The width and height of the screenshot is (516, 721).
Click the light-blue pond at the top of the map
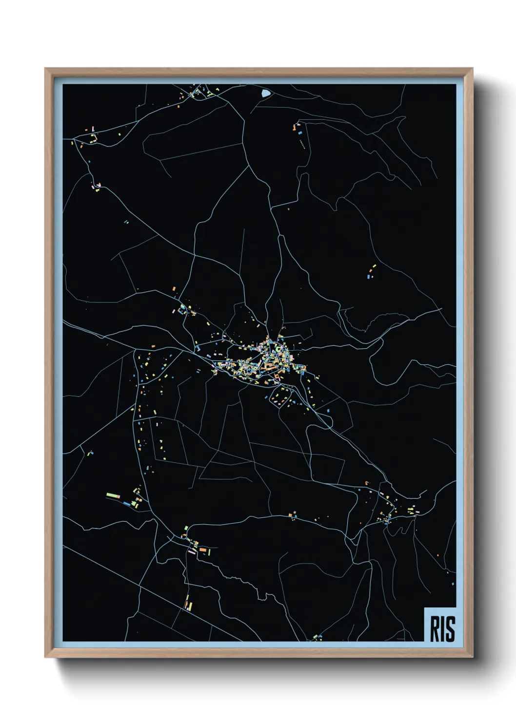pyautogui.click(x=265, y=93)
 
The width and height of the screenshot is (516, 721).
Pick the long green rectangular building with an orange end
pyautogui.click(x=113, y=495)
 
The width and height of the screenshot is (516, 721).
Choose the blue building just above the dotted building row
pyautogui.click(x=300, y=132)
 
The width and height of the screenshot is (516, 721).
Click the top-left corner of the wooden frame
pyautogui.click(x=46, y=69)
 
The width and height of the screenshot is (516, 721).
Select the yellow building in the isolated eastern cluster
pyautogui.click(x=375, y=266)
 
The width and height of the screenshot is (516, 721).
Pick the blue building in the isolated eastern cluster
pyautogui.click(x=368, y=276)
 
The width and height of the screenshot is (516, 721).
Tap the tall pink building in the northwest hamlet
pyautogui.click(x=93, y=129)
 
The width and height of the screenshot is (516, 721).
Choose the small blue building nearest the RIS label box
pyautogui.click(x=453, y=583)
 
